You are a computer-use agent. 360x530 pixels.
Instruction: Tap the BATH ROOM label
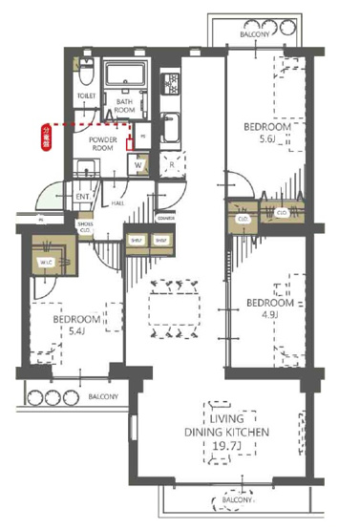click(x=125, y=105)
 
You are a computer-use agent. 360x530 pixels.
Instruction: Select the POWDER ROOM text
click(x=103, y=144)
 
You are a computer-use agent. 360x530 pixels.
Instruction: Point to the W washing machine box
click(x=139, y=164)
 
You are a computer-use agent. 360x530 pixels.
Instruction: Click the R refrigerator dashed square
click(x=171, y=164)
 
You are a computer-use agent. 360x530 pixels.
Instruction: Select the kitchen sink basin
click(x=173, y=128)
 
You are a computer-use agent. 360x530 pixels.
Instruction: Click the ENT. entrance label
click(x=83, y=197)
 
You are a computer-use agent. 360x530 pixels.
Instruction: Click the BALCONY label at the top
click(x=255, y=32)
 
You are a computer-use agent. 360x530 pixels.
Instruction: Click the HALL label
click(x=117, y=202)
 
